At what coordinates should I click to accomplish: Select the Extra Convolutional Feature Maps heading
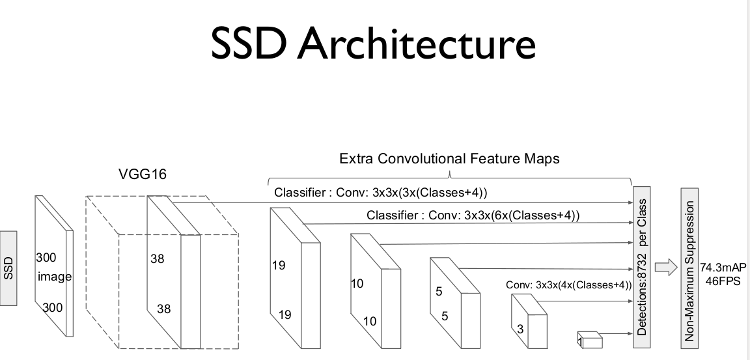pyautogui.click(x=449, y=159)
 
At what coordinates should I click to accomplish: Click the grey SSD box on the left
pyautogui.click(x=8, y=268)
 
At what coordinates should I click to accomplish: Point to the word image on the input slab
pyautogui.click(x=55, y=277)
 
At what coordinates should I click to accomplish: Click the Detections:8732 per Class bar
pyautogui.click(x=643, y=268)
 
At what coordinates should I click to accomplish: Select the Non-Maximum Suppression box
pyautogui.click(x=689, y=268)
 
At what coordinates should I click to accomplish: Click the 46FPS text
pyautogui.click(x=723, y=279)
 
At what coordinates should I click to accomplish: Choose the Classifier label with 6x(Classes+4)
pyautogui.click(x=473, y=215)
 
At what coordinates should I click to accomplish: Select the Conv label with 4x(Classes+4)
pyautogui.click(x=568, y=285)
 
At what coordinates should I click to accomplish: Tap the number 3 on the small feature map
pyautogui.click(x=520, y=329)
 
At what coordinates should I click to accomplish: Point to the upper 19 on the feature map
pyautogui.click(x=278, y=265)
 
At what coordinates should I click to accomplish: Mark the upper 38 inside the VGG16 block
pyautogui.click(x=157, y=258)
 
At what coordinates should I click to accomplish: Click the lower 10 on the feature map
pyautogui.click(x=369, y=321)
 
